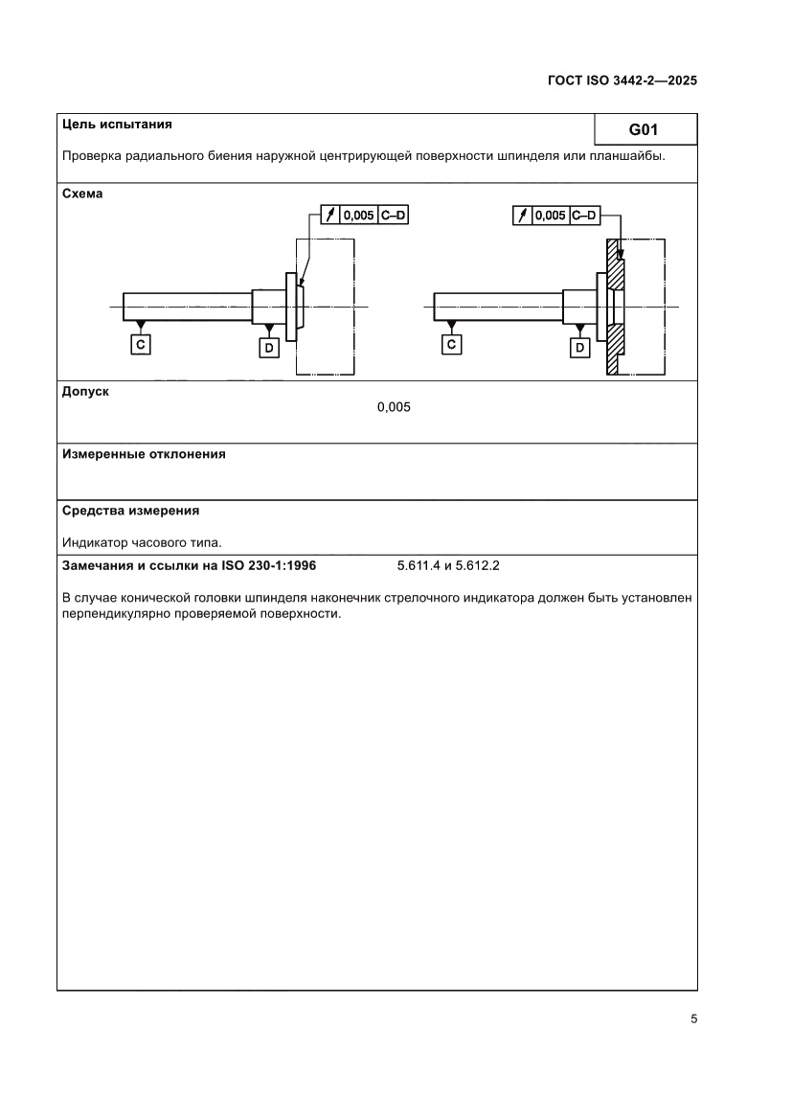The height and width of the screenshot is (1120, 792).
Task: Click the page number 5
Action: point(693,1018)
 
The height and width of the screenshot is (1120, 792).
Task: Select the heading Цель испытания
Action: point(117,124)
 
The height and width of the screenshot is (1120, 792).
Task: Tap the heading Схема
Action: point(82,194)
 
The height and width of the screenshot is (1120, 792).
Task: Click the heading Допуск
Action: point(85,391)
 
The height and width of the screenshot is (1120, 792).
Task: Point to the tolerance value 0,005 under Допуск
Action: point(394,407)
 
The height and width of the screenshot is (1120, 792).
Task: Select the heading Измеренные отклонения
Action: point(144,454)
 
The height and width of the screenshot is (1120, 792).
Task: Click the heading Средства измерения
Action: point(130,511)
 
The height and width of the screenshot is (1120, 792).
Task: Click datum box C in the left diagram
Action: point(141,343)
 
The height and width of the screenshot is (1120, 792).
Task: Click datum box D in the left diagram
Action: point(269,348)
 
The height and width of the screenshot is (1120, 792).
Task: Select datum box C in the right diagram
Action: point(452,343)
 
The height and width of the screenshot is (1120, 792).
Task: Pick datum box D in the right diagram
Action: point(579,348)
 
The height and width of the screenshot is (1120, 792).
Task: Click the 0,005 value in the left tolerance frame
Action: point(358,216)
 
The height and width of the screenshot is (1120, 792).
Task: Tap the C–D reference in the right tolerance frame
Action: point(583,216)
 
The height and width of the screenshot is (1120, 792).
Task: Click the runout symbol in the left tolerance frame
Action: point(330,216)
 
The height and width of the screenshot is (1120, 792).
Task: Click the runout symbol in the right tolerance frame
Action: point(522,216)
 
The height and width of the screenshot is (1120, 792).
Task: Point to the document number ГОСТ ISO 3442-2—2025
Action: point(622,80)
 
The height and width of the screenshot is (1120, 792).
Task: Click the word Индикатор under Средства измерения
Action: point(92,541)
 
